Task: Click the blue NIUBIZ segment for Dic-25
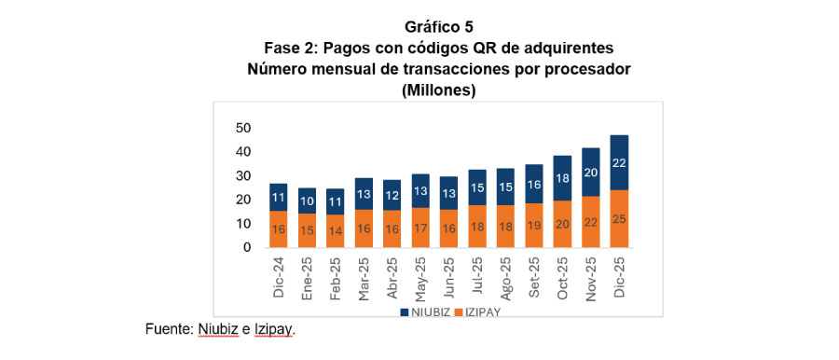[619, 163]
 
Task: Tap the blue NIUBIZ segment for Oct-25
[562, 178]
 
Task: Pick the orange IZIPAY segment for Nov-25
[591, 222]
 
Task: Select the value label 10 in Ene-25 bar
[307, 201]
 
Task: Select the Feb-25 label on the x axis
[336, 277]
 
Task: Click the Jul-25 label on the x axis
[478, 277]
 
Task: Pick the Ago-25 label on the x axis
[506, 277]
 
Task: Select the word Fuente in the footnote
[168, 329]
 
